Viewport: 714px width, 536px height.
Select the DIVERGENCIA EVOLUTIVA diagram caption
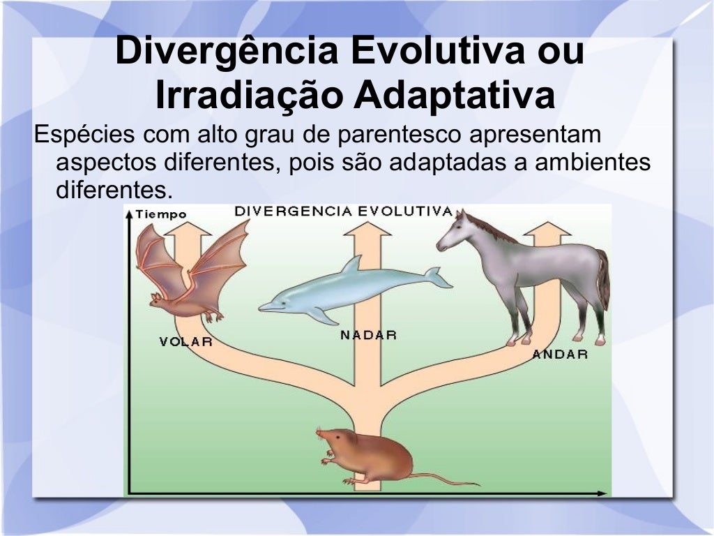[343, 211]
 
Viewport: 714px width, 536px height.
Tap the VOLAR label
[185, 342]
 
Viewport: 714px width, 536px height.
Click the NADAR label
[368, 335]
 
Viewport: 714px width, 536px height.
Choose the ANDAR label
[560, 354]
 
